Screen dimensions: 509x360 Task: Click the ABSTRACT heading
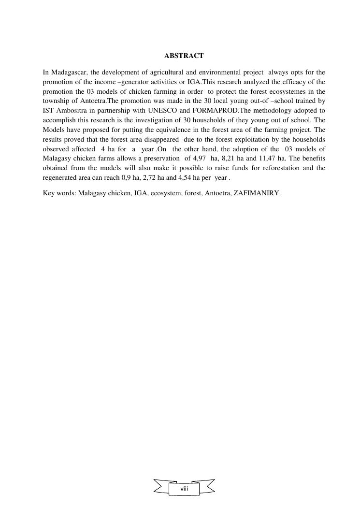click(x=184, y=56)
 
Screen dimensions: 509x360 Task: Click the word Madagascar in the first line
click(x=68, y=73)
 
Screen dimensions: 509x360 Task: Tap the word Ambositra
click(x=71, y=111)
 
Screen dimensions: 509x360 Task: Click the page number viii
click(x=184, y=489)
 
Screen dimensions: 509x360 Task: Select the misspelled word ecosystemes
click(x=295, y=91)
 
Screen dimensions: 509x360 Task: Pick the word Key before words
click(x=49, y=193)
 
